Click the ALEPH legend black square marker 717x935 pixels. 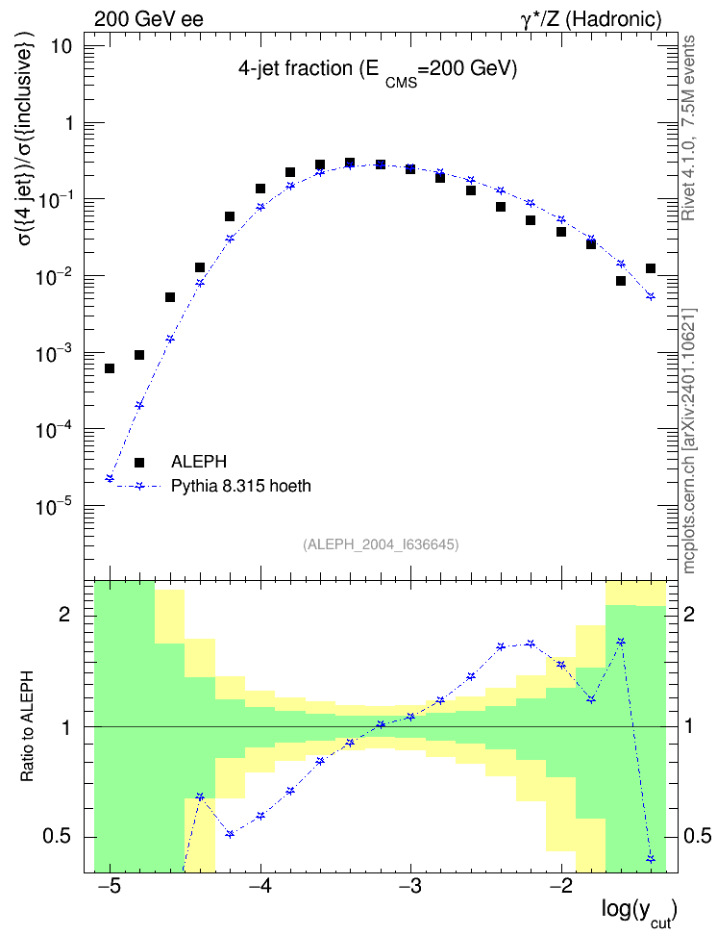click(138, 462)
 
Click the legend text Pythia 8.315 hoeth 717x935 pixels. click(241, 487)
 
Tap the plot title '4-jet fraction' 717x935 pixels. click(295, 69)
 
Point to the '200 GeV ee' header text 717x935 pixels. click(148, 19)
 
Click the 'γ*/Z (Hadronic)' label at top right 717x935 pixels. click(591, 19)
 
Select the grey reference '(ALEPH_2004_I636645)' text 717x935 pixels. click(381, 544)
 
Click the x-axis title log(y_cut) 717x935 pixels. click(639, 912)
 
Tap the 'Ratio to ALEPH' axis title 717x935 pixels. click(27, 727)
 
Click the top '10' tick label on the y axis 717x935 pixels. click(61, 46)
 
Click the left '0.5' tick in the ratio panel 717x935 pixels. click(58, 837)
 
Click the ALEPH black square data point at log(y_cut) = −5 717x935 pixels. click(109, 368)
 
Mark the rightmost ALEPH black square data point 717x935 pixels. click(651, 268)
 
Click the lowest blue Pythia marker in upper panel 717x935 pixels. click(109, 478)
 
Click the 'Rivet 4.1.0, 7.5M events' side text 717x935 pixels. click(688, 128)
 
